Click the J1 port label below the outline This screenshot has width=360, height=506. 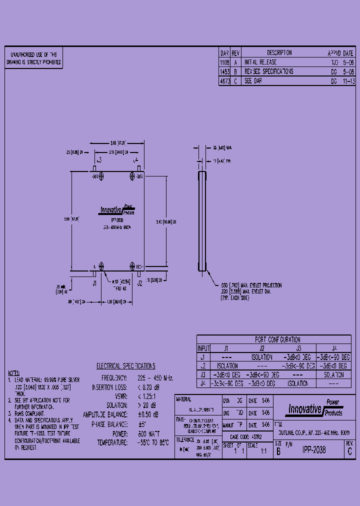click(x=94, y=283)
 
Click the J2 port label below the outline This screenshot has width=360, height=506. click(x=139, y=283)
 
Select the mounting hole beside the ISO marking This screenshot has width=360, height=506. click(x=132, y=266)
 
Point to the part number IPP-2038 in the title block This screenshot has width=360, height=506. click(x=313, y=450)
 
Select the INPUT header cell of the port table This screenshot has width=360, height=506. click(x=203, y=348)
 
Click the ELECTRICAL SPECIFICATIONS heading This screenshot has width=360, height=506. click(x=125, y=366)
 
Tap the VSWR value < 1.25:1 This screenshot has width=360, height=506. click(x=148, y=396)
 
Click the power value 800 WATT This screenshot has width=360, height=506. click(x=148, y=433)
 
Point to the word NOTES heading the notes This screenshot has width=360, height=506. click(x=14, y=373)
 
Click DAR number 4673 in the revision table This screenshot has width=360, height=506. click(x=224, y=80)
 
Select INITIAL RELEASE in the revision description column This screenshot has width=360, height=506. click(x=260, y=62)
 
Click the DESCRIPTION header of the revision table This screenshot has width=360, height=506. click(x=279, y=53)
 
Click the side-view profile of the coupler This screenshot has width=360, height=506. click(x=202, y=221)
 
